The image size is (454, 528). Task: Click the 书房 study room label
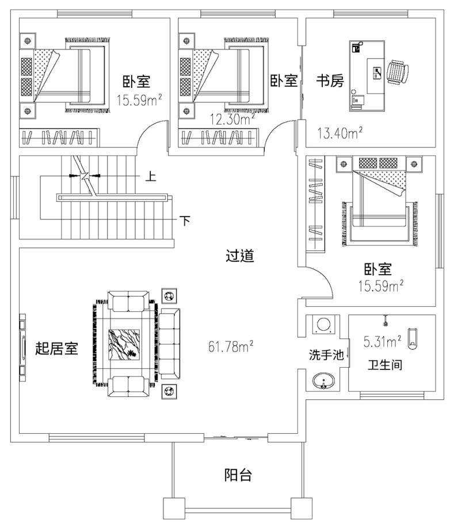(x=330, y=81)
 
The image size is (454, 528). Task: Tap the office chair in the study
(x=398, y=72)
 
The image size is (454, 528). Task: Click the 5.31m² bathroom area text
(x=382, y=342)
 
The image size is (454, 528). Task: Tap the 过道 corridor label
(x=240, y=256)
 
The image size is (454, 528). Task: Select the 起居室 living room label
(x=56, y=348)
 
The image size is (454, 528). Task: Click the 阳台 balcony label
(x=238, y=475)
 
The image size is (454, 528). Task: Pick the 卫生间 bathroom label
(x=385, y=365)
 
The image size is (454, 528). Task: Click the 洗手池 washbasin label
(x=326, y=356)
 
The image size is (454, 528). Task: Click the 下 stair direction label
(x=184, y=220)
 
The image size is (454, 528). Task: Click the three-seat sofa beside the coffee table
(x=170, y=344)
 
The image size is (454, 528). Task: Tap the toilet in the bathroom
(x=412, y=338)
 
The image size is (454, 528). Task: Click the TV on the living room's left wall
(x=23, y=348)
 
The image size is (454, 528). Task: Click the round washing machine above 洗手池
(x=323, y=325)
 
